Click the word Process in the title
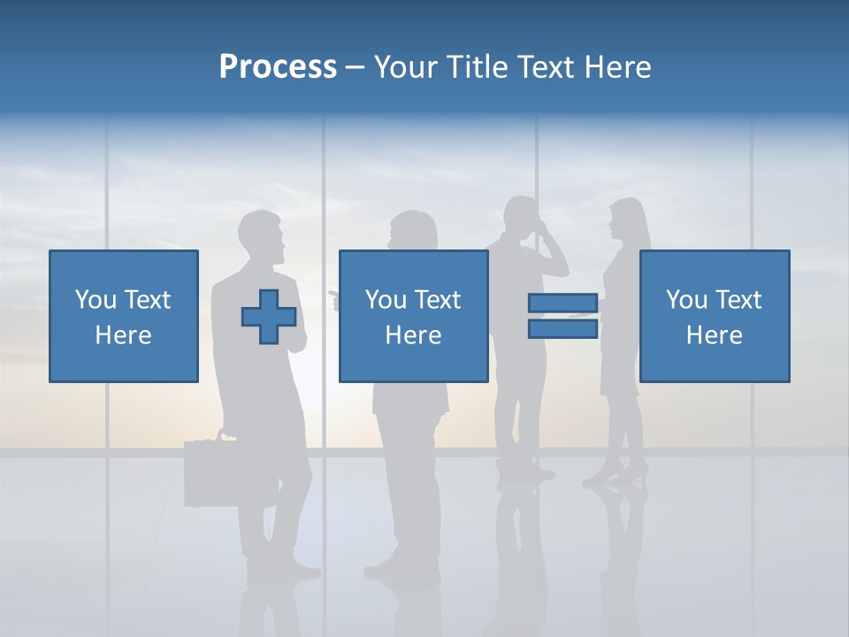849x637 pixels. [x=278, y=67]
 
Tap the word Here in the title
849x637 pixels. [x=617, y=67]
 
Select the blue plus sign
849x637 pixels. [x=269, y=317]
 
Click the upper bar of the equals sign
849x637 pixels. [x=562, y=303]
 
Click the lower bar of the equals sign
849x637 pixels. [x=562, y=329]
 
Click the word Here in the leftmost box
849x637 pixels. [x=123, y=335]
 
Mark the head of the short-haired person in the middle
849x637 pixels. [x=413, y=231]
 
